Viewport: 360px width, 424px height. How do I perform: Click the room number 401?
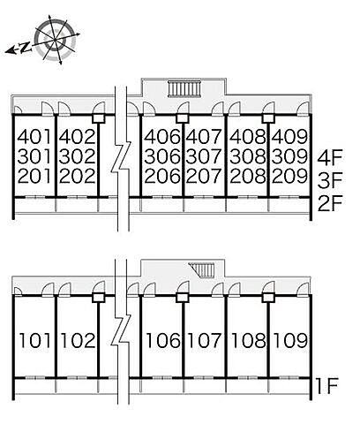coord(34,137)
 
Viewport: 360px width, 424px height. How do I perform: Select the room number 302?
coord(78,156)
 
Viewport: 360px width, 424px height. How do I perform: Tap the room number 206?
coord(162,176)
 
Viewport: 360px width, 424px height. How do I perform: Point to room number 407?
coord(204,137)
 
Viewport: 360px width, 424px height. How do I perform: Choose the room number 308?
coord(247,156)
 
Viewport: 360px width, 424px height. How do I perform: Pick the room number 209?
coord(289,176)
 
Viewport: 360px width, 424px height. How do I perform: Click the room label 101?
coord(35,340)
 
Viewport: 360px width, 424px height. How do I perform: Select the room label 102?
coord(78,340)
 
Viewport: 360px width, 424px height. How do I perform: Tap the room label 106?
coord(163,340)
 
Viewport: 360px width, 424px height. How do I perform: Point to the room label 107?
coord(204,340)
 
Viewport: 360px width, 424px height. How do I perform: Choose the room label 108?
coord(248,340)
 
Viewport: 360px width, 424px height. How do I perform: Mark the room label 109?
coord(290,340)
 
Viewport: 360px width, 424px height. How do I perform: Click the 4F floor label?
coord(330,158)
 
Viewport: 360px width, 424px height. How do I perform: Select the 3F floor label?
coord(330,180)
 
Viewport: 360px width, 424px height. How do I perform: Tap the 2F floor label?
coord(330,204)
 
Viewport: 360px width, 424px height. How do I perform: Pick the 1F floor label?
coord(326,386)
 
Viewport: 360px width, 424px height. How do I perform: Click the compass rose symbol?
coord(55,39)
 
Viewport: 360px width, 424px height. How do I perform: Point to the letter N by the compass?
coord(26,48)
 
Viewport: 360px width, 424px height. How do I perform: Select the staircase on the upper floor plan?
coord(185,89)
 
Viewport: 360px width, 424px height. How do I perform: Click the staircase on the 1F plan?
coord(202,269)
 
